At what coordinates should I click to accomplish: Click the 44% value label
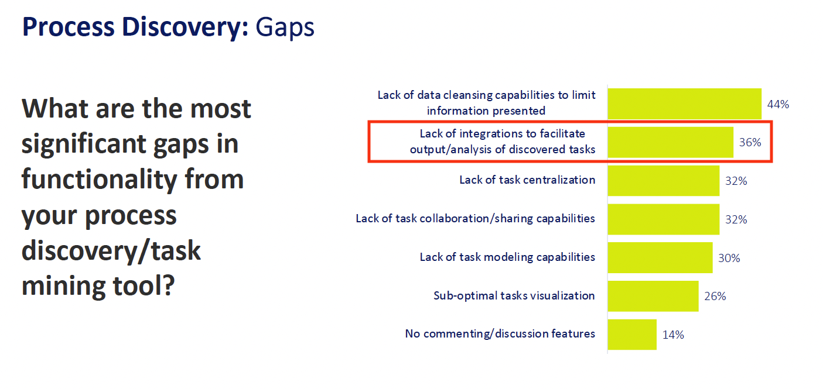coord(778,105)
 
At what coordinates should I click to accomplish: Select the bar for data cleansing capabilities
coord(685,104)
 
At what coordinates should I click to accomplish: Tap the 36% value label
coord(750,142)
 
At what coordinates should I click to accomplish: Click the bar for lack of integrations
coord(671,142)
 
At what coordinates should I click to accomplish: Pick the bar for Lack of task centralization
coord(664,181)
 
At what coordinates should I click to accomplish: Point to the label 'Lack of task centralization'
coord(527,180)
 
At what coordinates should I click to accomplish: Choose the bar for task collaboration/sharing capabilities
coord(664,219)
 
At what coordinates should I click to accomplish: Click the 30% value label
coord(729,258)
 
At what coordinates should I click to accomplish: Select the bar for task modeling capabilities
coord(660,257)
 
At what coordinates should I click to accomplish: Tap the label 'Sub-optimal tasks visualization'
coord(514,295)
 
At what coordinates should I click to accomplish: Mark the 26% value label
coord(715,296)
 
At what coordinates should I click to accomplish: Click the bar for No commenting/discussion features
coord(632,335)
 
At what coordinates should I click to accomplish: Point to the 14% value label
coord(673,335)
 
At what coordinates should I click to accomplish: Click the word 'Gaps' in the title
coord(285,28)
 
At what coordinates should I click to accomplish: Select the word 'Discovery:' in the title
coord(185,28)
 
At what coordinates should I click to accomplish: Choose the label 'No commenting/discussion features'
coord(500,333)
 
